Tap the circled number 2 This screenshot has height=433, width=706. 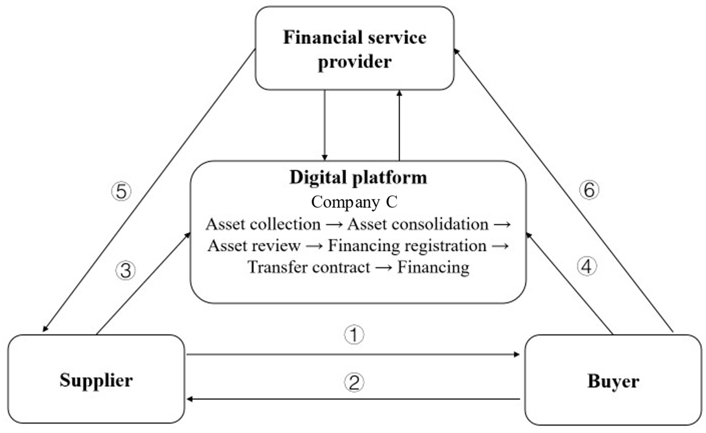pyautogui.click(x=354, y=383)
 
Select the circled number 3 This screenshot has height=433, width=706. pyautogui.click(x=125, y=271)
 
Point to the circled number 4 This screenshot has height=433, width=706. pyautogui.click(x=587, y=266)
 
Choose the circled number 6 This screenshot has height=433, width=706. pyautogui.click(x=589, y=190)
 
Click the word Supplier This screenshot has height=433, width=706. pyautogui.click(x=96, y=380)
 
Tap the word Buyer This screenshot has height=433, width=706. pyautogui.click(x=613, y=381)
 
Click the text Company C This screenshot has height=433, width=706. pyautogui.click(x=354, y=202)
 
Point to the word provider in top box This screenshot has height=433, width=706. pyautogui.click(x=355, y=62)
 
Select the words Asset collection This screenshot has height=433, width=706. pyautogui.click(x=263, y=224)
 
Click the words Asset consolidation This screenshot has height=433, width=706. pyautogui.click(x=418, y=224)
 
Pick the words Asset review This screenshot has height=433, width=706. pyautogui.click(x=254, y=246)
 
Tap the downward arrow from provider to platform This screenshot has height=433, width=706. pyautogui.click(x=324, y=126)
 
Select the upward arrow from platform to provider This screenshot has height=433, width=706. pyautogui.click(x=399, y=126)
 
